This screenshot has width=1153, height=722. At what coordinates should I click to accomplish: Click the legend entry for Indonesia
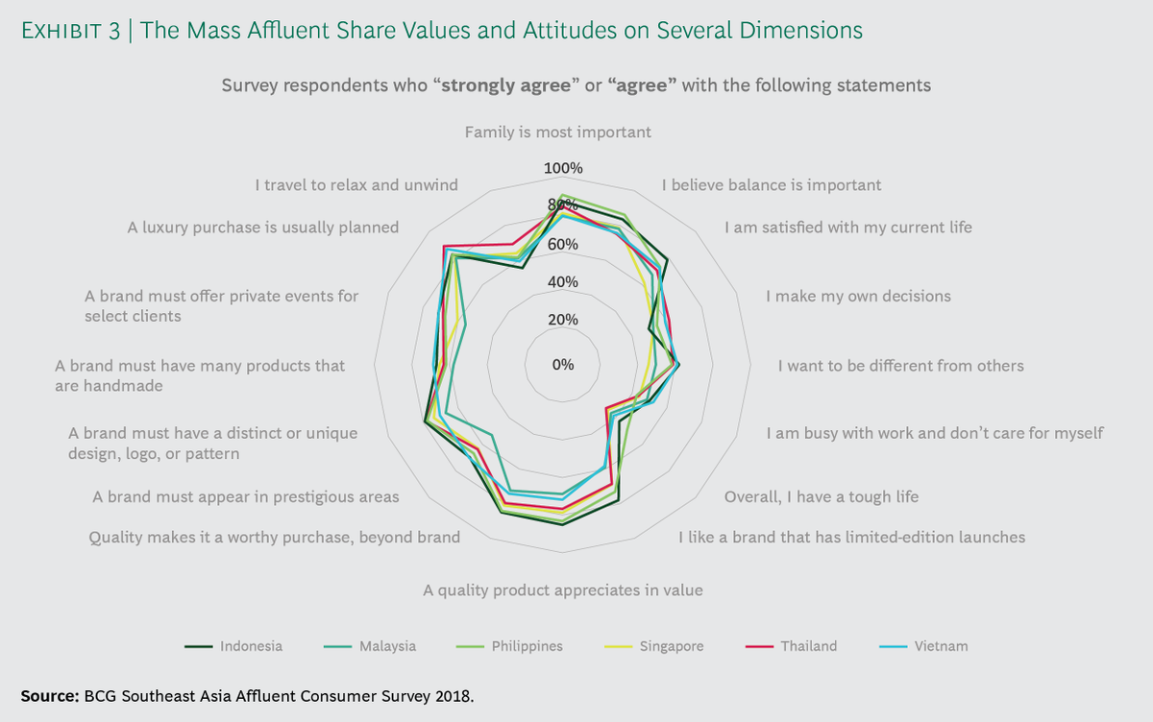point(233,646)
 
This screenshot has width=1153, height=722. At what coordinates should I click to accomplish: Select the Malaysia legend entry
point(370,646)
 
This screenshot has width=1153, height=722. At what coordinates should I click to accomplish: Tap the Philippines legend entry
point(509,646)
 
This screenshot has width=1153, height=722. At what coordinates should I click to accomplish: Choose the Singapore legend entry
point(654,646)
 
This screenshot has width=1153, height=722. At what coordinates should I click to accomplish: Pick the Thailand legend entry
point(791,646)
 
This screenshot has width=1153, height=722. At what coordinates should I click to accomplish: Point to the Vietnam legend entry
point(924,646)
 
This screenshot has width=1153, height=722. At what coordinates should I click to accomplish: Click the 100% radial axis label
point(563,168)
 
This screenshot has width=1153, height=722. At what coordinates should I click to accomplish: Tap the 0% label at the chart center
point(563,365)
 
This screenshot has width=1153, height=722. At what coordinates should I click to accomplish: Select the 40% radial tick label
point(563,282)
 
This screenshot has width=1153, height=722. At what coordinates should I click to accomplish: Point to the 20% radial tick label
point(563,320)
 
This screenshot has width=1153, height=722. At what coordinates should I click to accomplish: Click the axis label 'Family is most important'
point(558,132)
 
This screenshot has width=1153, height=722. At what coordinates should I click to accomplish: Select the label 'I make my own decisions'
point(858,297)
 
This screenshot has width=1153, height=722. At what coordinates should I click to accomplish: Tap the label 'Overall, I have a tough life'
point(822,496)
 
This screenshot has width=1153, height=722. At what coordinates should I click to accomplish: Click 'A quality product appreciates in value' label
point(563,590)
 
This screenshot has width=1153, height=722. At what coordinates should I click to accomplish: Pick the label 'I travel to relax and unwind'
point(356,185)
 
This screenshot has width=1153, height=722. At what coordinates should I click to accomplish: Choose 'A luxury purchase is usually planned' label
point(263,228)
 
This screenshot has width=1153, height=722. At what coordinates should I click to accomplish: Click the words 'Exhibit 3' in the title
point(70,31)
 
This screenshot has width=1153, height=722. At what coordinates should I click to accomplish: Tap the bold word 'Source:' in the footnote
point(50,696)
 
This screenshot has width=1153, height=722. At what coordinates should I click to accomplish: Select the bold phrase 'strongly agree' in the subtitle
point(506,85)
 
